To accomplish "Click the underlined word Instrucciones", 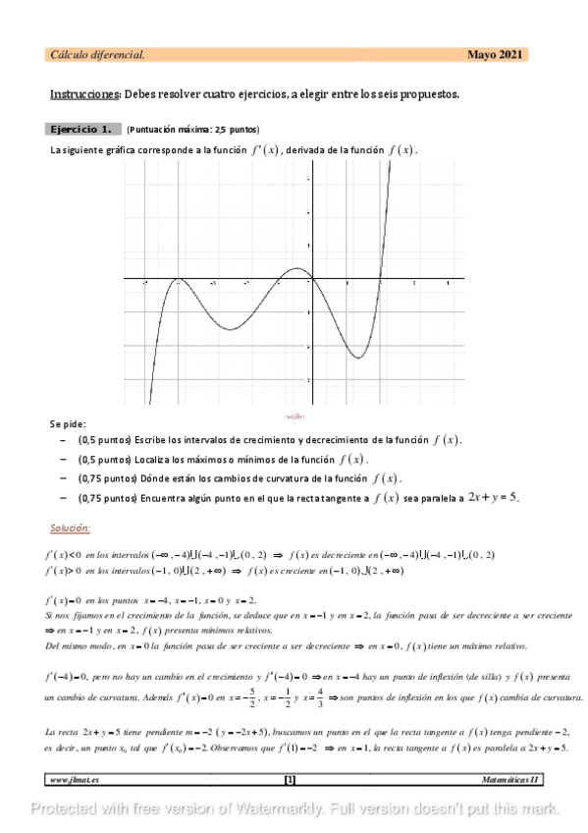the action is (84, 94).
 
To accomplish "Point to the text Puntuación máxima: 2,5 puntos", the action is (193, 129).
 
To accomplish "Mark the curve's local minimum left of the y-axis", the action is (229, 329).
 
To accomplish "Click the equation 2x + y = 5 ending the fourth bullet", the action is (492, 497).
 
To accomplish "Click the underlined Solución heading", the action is (70, 528).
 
